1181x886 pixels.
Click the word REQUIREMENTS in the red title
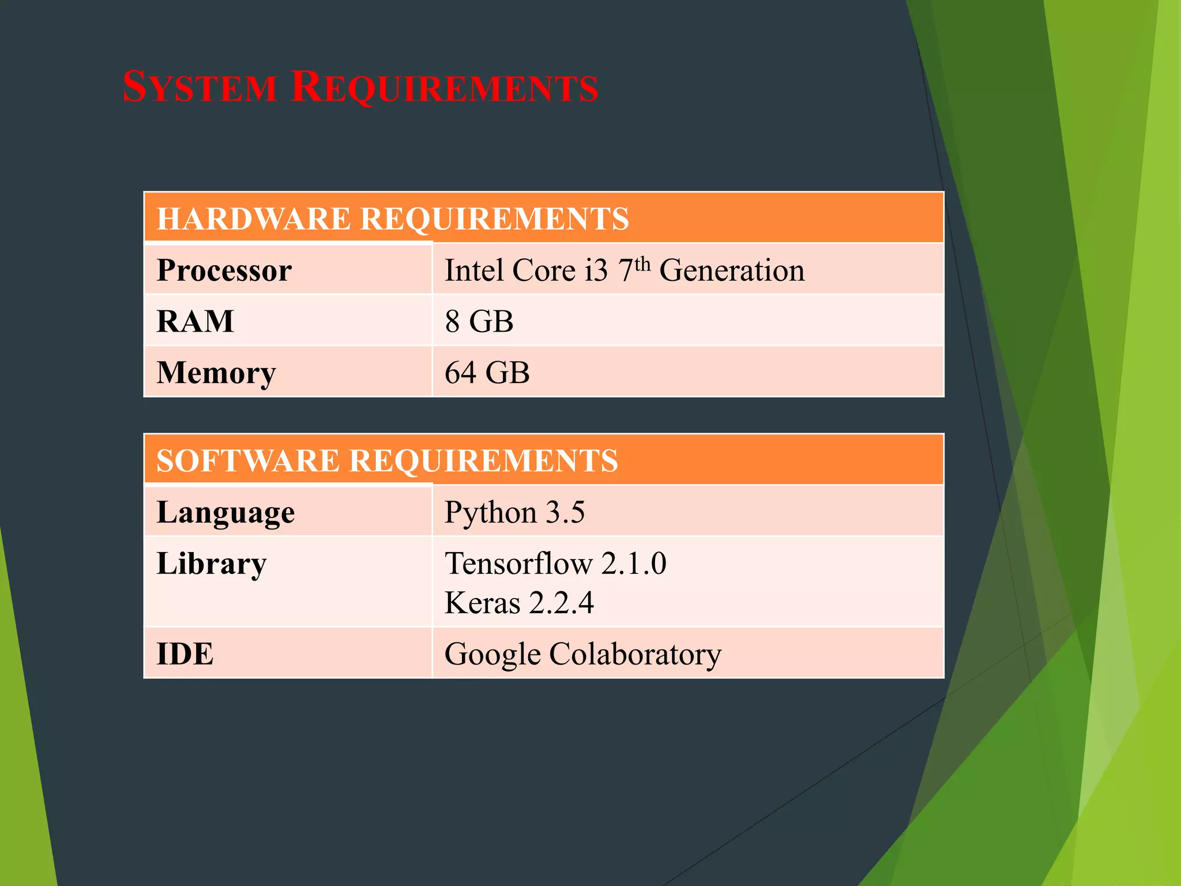tap(445, 88)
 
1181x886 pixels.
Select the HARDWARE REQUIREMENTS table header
tap(393, 219)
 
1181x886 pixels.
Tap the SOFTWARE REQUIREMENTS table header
tap(387, 460)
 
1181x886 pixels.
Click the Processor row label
tap(224, 270)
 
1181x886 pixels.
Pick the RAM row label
tap(195, 321)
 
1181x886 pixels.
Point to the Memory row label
tap(216, 373)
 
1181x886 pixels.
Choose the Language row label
tap(225, 512)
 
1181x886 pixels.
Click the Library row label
tap(212, 564)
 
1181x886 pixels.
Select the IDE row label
tap(185, 654)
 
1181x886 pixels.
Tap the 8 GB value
tap(479, 321)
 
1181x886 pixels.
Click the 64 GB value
tap(487, 373)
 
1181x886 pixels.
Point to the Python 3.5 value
tap(514, 512)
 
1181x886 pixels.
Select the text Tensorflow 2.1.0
tap(555, 564)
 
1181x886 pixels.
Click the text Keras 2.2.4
tap(519, 603)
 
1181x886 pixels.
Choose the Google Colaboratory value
tap(582, 654)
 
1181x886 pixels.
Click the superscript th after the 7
tap(642, 264)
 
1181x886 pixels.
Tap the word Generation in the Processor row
tap(732, 270)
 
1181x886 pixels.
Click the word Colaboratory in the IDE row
tap(635, 654)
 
